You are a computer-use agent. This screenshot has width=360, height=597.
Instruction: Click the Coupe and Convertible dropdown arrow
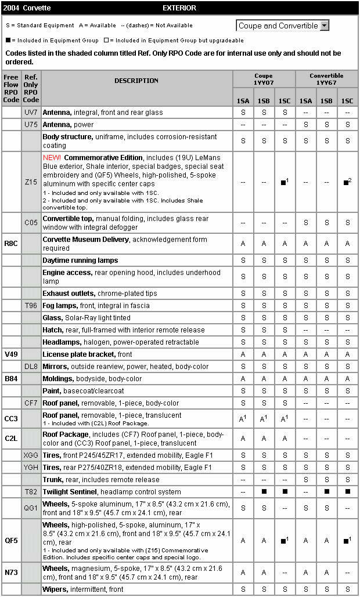(325, 26)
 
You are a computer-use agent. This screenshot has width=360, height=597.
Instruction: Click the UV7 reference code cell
(31, 113)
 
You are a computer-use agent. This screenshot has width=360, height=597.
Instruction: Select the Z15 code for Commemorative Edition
(31, 182)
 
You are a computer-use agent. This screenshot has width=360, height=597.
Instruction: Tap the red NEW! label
(52, 158)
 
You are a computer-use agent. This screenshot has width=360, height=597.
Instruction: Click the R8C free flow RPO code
(11, 244)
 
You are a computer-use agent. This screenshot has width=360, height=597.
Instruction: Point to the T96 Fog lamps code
(31, 306)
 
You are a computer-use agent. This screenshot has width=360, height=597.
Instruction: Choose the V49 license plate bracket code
(11, 354)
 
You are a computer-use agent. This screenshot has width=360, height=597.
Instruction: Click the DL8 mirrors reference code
(31, 367)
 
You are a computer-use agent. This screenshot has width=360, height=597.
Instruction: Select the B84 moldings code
(11, 379)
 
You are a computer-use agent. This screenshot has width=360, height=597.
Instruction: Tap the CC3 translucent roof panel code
(11, 418)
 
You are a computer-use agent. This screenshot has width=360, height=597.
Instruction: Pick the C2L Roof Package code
(11, 439)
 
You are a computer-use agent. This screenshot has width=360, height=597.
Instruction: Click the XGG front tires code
(31, 455)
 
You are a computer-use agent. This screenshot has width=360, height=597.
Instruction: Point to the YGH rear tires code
(31, 468)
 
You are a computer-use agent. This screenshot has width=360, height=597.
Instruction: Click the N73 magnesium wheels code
(11, 572)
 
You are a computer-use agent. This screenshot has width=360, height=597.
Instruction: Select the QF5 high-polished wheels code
(11, 540)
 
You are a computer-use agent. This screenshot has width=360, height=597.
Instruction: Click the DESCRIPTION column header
(136, 81)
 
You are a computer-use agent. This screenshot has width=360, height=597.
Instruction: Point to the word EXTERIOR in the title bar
(179, 8)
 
